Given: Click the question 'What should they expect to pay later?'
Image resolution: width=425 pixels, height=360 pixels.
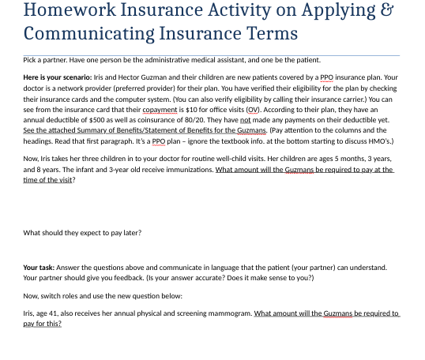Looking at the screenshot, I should [83, 233].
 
